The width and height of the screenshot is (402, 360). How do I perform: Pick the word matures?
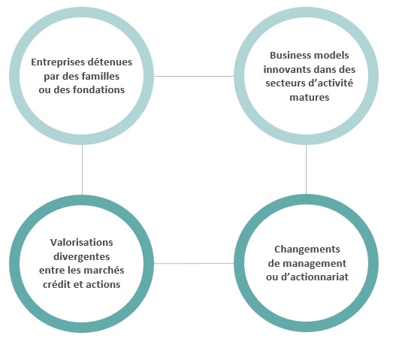309,98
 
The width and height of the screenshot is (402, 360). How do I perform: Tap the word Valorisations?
82,242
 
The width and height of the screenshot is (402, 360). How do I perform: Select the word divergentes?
82,257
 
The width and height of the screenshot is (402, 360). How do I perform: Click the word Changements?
307,250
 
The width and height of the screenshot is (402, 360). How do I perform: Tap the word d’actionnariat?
315,277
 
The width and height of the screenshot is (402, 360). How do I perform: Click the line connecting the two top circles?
194,76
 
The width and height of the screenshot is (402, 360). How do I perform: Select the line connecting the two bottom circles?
194,263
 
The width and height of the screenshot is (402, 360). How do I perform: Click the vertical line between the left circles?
82,170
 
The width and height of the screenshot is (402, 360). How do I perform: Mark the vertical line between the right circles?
306,170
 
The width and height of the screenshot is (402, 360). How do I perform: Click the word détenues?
109,62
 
